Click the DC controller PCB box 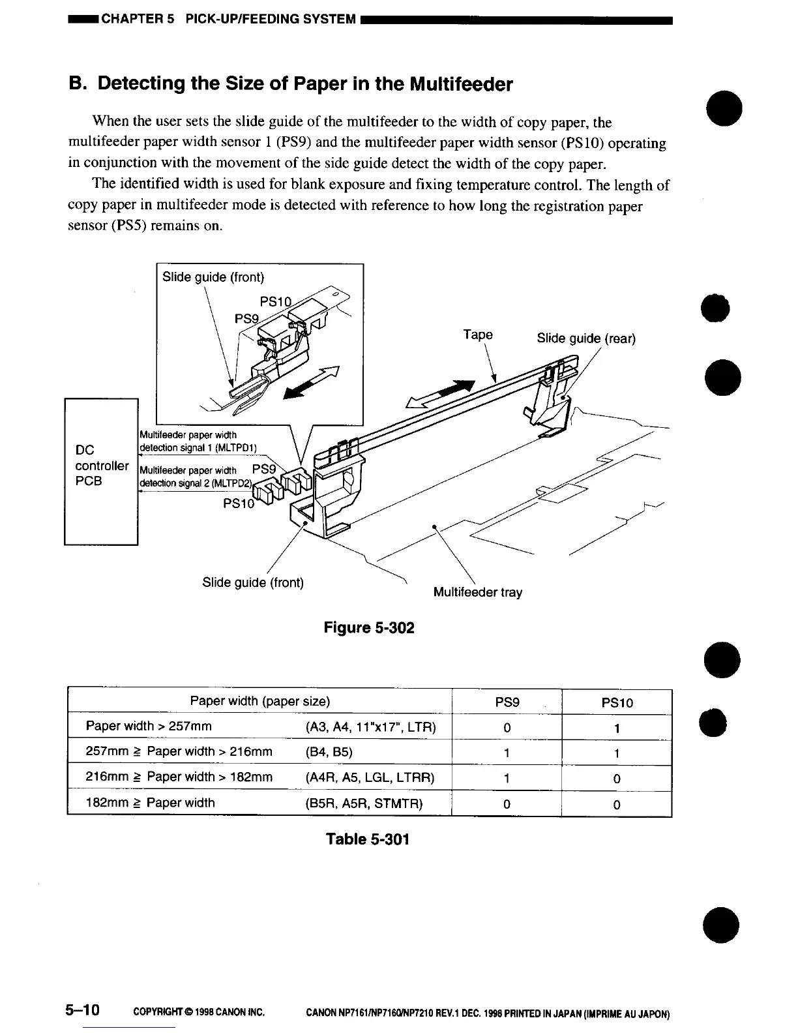pyautogui.click(x=101, y=470)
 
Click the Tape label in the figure pyautogui.click(x=478, y=335)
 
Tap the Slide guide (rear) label pyautogui.click(x=585, y=338)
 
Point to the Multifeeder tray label pyautogui.click(x=477, y=592)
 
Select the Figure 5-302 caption pyautogui.click(x=369, y=627)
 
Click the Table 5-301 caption pyautogui.click(x=368, y=839)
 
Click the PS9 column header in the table pyautogui.click(x=507, y=702)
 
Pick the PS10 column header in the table pyautogui.click(x=616, y=702)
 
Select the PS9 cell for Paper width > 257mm pyautogui.click(x=507, y=728)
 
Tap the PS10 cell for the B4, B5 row pyautogui.click(x=616, y=753)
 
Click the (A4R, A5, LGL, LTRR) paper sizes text pyautogui.click(x=370, y=777)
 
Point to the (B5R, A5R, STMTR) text pyautogui.click(x=364, y=803)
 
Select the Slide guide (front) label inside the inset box pyautogui.click(x=213, y=277)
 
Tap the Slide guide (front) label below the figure pyautogui.click(x=253, y=582)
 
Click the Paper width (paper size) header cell pyautogui.click(x=259, y=702)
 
